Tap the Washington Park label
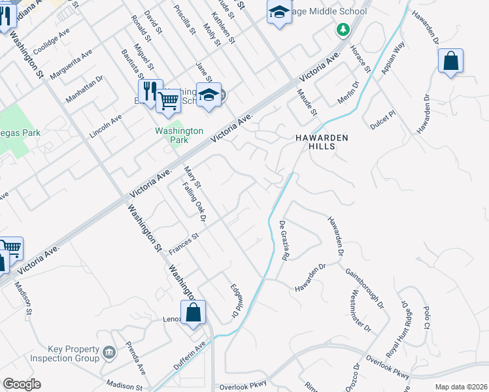[x=171, y=135]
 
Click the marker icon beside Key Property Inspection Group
[x=109, y=353]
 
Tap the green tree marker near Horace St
[x=342, y=29]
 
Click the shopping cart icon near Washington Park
[x=168, y=101]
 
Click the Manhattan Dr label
[x=84, y=89]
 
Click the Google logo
[x=22, y=384]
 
